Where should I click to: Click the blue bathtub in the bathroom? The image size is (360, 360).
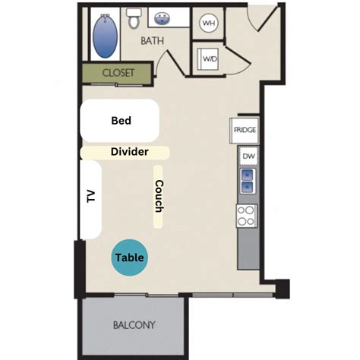coord(105,36)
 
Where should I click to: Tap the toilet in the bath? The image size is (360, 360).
coord(134,18)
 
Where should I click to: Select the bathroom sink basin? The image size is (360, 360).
coord(162,19)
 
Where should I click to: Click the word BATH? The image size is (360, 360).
coord(152,41)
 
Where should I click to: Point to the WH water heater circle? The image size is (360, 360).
coord(209,23)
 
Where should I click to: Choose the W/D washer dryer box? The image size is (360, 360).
coord(208,59)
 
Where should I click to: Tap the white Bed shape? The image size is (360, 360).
coord(120,121)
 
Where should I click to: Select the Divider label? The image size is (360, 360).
coord(130,152)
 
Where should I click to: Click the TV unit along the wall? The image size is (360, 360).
coord(90,200)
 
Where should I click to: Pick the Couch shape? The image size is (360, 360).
coord(158,197)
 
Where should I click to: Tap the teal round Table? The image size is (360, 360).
coord(130,257)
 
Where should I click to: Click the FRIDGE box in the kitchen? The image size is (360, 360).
coord(245,131)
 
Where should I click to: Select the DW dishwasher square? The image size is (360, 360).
coord(248,156)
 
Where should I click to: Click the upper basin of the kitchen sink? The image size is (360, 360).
coord(248,175)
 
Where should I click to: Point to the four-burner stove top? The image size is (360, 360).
coord(247,216)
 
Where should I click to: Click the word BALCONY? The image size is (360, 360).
coord(134,325)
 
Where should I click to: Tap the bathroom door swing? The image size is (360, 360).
coord(170,63)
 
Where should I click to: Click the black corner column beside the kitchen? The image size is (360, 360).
coord(283,289)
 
